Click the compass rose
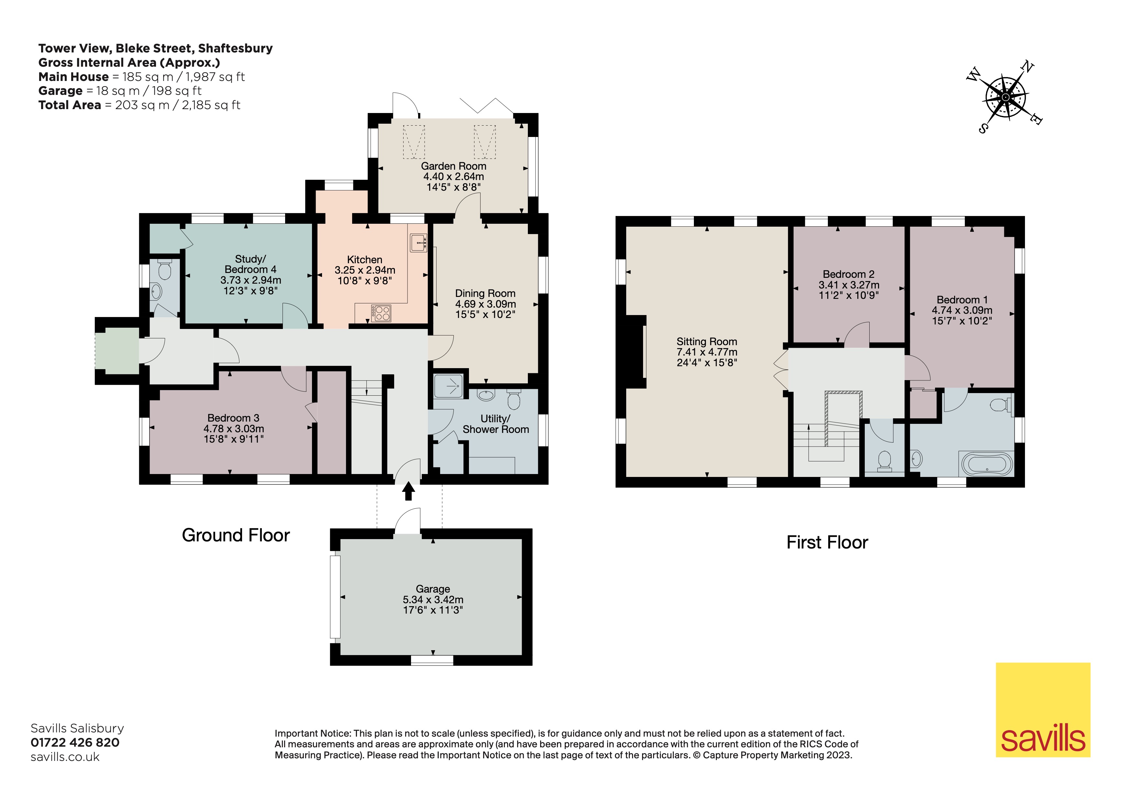pos(1006,97)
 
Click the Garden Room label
pos(453,166)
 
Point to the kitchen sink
pos(418,242)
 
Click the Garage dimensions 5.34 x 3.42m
pos(433,599)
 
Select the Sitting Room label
pos(707,342)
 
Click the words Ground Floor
pos(236,536)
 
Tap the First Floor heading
pos(827,542)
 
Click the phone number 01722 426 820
pos(75,742)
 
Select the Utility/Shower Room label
pos(496,424)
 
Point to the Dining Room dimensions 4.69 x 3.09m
pos(485,304)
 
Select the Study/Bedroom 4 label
pos(250,264)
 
